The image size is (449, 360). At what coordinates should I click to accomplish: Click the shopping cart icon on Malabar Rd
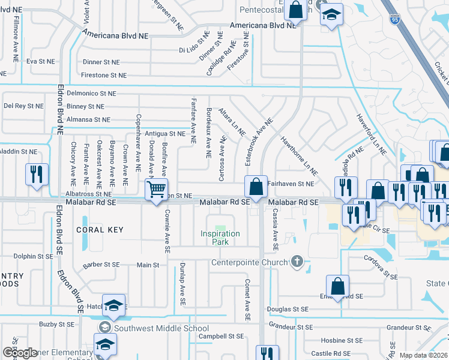click(157, 190)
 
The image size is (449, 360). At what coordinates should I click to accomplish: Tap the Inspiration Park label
click(220, 238)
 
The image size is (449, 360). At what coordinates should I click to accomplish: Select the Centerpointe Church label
click(249, 262)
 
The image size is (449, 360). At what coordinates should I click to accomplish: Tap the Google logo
click(20, 352)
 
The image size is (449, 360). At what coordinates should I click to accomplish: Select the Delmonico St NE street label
click(90, 94)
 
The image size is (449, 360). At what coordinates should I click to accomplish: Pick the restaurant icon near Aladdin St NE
click(37, 175)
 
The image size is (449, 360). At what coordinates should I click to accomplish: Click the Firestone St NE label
click(104, 75)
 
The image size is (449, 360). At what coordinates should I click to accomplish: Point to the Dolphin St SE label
click(17, 256)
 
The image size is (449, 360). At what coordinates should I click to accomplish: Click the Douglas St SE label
click(288, 308)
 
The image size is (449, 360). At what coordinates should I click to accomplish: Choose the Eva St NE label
click(40, 61)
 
